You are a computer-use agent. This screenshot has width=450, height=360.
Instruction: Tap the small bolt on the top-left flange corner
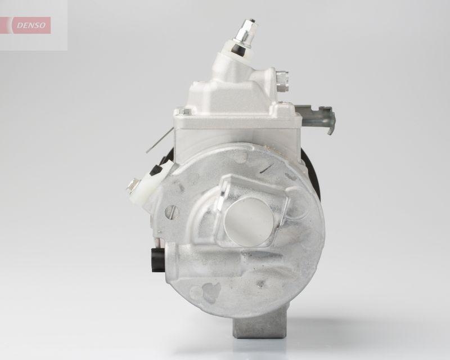pos(179,111)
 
